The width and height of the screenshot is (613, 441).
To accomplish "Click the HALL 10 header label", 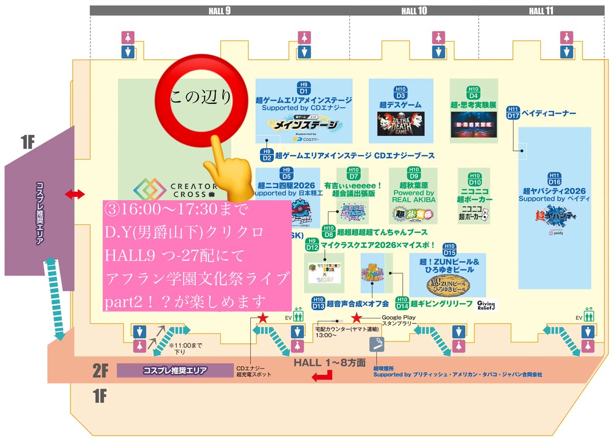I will pyautogui.click(x=414, y=11).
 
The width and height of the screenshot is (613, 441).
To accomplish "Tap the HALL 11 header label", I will pyautogui.click(x=541, y=11).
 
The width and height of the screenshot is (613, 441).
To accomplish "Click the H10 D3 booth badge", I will pyautogui.click(x=400, y=92).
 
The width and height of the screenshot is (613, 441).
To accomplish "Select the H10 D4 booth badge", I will pyautogui.click(x=474, y=92).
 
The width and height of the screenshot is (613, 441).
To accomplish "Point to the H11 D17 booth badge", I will pyautogui.click(x=513, y=112).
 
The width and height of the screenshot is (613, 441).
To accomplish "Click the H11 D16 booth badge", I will pyautogui.click(x=554, y=179).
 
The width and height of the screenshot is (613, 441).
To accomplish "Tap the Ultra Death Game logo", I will pyautogui.click(x=401, y=123).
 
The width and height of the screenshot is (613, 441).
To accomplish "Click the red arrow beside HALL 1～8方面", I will pyautogui.click(x=322, y=376).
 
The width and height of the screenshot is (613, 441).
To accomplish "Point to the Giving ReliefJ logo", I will pyautogui.click(x=486, y=305).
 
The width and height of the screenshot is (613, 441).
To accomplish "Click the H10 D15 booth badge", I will pyautogui.click(x=449, y=250).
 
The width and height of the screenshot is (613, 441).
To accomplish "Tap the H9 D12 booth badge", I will pyautogui.click(x=312, y=245).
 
